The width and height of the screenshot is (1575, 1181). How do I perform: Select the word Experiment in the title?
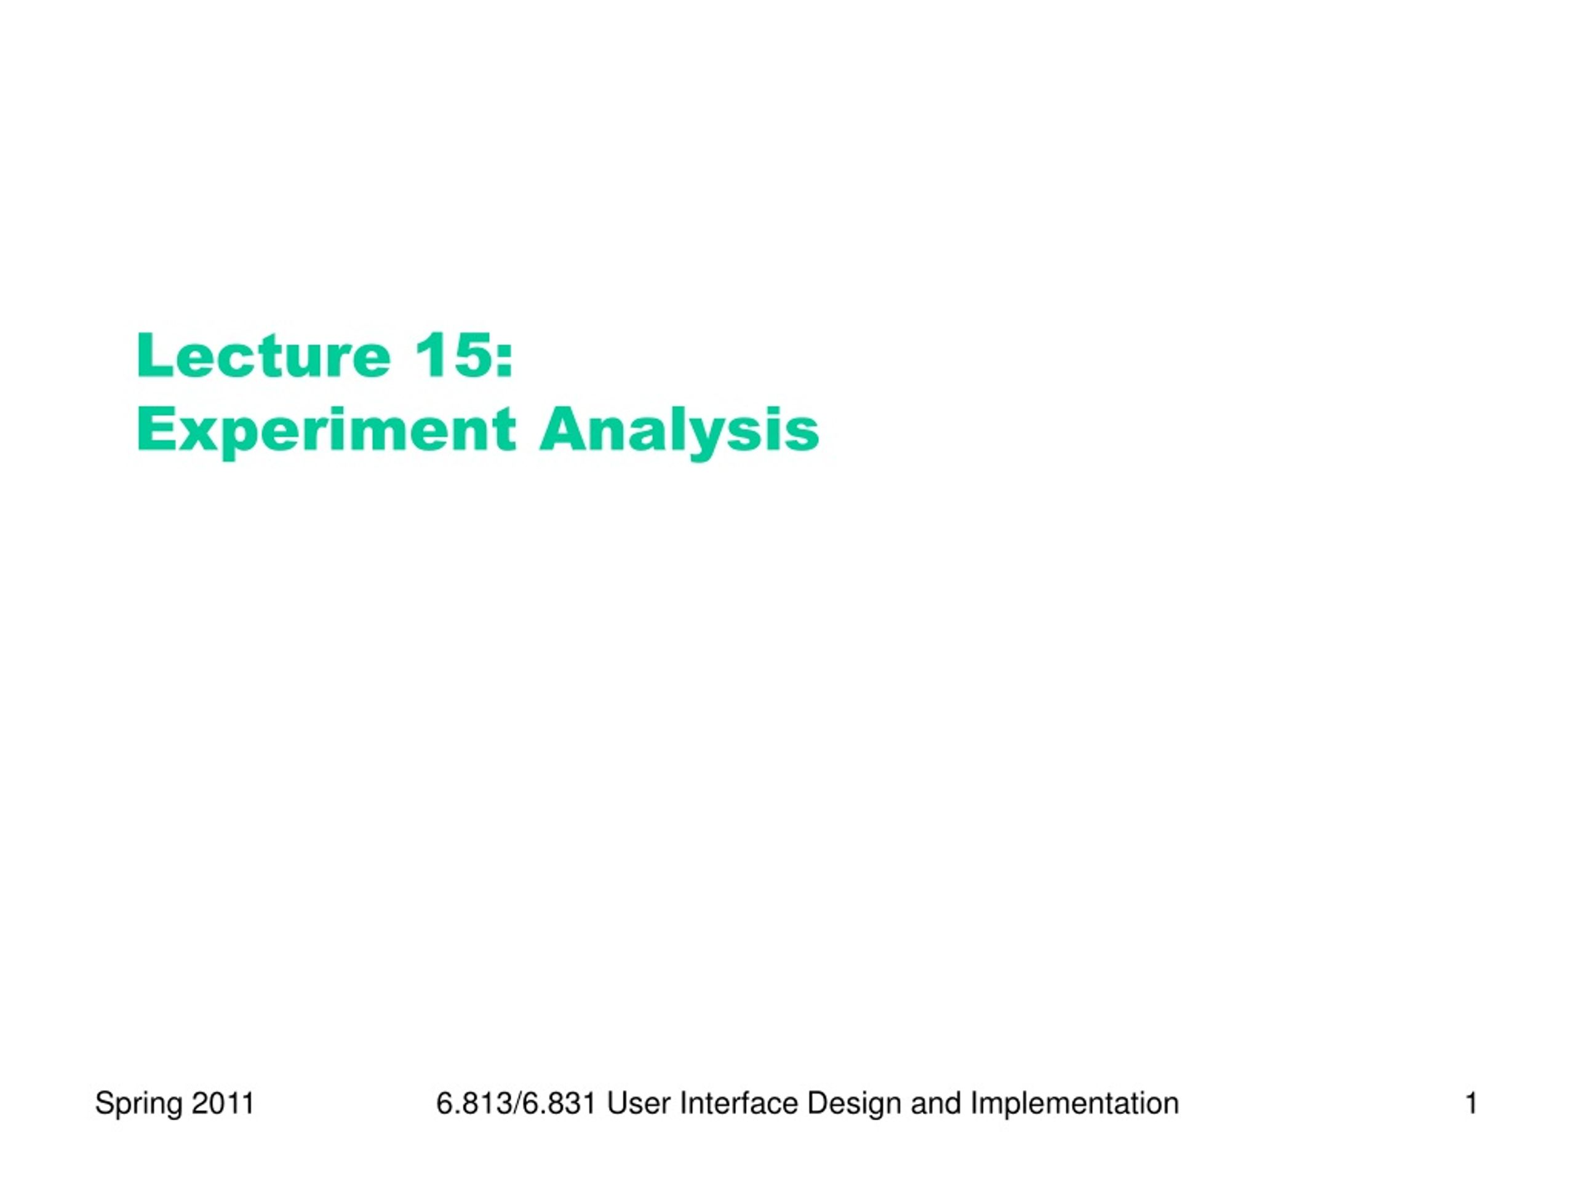point(326,431)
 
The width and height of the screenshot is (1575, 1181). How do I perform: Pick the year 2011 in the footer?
point(223,1103)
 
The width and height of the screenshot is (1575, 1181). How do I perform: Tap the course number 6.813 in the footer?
point(474,1103)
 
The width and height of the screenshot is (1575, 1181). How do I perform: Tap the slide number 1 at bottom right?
point(1471,1103)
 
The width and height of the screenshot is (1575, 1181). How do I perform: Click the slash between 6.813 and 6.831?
point(517,1103)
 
